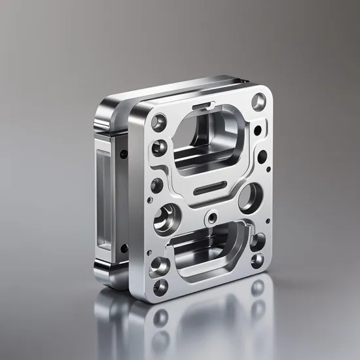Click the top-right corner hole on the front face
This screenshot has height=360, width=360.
[260, 101]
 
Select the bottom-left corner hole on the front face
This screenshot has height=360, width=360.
[159, 286]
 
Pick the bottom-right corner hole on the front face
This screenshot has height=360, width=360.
[257, 260]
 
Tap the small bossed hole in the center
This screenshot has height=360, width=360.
[211, 217]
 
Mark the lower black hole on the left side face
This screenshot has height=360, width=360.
[122, 247]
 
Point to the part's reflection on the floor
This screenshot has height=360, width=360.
[196, 321]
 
